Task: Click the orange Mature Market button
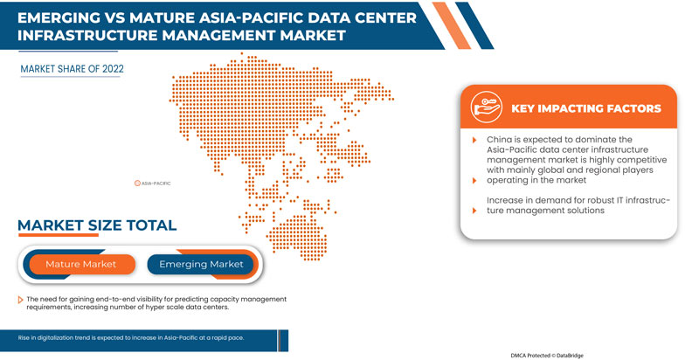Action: pyautogui.click(x=80, y=264)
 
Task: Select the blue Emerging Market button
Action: pyautogui.click(x=200, y=264)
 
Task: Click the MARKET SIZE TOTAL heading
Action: pyautogui.click(x=97, y=225)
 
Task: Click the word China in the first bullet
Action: pyautogui.click(x=501, y=140)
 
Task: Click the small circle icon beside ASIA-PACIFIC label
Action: pyautogui.click(x=137, y=183)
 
